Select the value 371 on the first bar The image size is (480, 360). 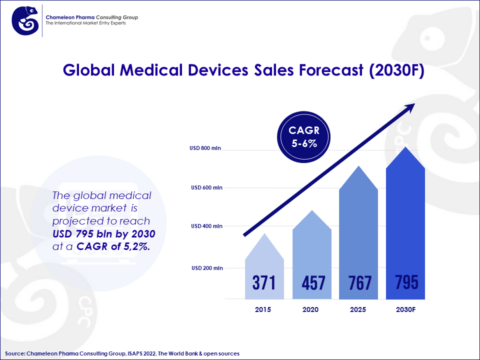point(265,283)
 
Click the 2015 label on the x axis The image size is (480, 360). point(265,312)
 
